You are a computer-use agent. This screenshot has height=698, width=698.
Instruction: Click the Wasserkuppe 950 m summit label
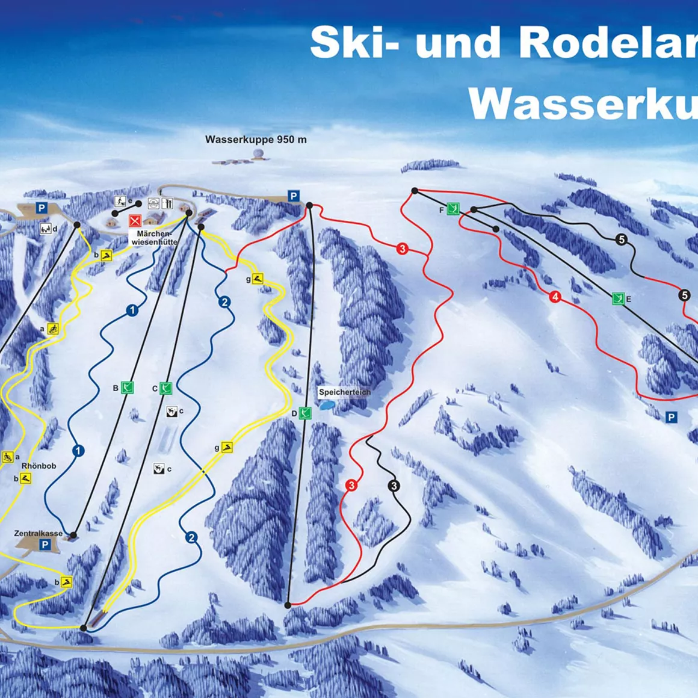click(x=256, y=140)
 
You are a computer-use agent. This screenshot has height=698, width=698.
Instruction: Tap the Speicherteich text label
click(x=344, y=392)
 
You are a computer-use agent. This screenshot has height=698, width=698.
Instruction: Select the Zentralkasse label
click(x=39, y=534)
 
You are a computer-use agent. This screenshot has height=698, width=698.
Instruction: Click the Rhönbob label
click(x=39, y=466)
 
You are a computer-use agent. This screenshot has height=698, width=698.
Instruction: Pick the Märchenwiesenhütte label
click(x=154, y=238)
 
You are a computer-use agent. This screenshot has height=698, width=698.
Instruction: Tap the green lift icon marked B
click(x=127, y=388)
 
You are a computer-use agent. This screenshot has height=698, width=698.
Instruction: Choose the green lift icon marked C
click(x=166, y=388)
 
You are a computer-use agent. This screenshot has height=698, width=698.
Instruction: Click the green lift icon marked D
click(x=305, y=413)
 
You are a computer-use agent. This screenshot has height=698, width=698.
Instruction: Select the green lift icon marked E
click(x=617, y=298)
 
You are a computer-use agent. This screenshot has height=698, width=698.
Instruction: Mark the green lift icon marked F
click(x=453, y=209)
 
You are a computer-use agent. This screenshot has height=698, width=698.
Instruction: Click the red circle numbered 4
click(x=555, y=297)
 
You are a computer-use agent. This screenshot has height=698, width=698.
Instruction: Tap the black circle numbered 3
click(x=394, y=486)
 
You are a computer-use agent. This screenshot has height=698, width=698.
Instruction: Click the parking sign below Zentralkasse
click(x=45, y=545)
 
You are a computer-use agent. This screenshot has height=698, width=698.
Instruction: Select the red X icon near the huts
click(x=135, y=220)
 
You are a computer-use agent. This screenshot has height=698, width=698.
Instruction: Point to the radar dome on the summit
click(x=259, y=156)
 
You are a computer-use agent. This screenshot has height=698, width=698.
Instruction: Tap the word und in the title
click(x=459, y=43)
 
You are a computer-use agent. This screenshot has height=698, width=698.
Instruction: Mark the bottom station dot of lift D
click(x=288, y=605)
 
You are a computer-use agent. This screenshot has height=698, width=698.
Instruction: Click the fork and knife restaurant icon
click(x=168, y=203)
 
